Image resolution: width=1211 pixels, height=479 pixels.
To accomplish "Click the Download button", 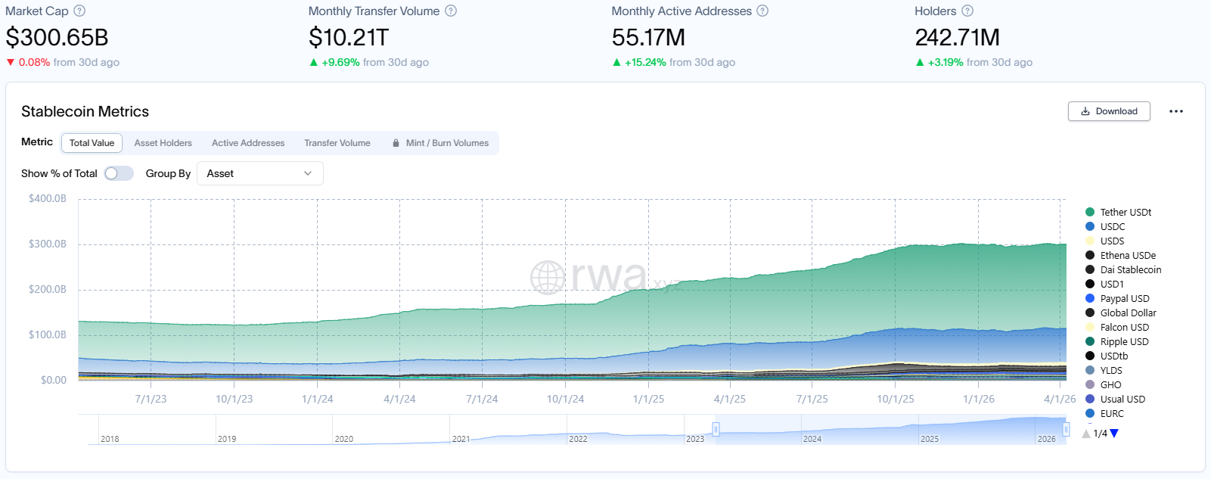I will click(x=1109, y=111).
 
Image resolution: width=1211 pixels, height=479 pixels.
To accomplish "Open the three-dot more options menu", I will click(x=1175, y=111).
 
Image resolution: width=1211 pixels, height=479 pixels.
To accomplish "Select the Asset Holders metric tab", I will click(x=163, y=143).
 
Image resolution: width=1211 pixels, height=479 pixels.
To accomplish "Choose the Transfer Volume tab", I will click(x=337, y=143).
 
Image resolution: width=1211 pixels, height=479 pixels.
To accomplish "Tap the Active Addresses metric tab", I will click(x=248, y=143).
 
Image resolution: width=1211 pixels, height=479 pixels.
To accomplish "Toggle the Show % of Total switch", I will click(x=119, y=173).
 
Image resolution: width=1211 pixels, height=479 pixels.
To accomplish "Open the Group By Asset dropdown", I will click(x=259, y=173).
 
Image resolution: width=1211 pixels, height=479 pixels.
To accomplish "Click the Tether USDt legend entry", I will click(x=1125, y=213).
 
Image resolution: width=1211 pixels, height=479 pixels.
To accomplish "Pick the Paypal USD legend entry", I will click(x=1124, y=299).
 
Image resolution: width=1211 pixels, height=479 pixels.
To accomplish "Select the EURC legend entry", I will click(x=1111, y=414).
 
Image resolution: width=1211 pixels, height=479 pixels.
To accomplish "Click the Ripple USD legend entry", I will click(x=1123, y=342).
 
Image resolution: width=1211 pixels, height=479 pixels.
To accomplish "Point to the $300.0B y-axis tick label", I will click(x=48, y=244).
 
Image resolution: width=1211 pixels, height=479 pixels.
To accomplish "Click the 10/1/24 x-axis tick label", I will click(x=565, y=399).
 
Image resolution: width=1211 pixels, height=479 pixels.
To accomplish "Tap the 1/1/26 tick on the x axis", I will click(x=978, y=399).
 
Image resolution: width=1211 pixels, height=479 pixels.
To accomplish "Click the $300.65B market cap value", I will click(x=57, y=37).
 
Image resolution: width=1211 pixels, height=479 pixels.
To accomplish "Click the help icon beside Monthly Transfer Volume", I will click(x=451, y=11).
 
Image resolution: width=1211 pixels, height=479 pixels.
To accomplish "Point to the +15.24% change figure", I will click(x=645, y=63).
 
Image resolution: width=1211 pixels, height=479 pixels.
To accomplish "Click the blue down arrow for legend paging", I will click(x=1114, y=434).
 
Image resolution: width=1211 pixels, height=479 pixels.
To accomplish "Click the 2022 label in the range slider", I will click(x=578, y=439).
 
